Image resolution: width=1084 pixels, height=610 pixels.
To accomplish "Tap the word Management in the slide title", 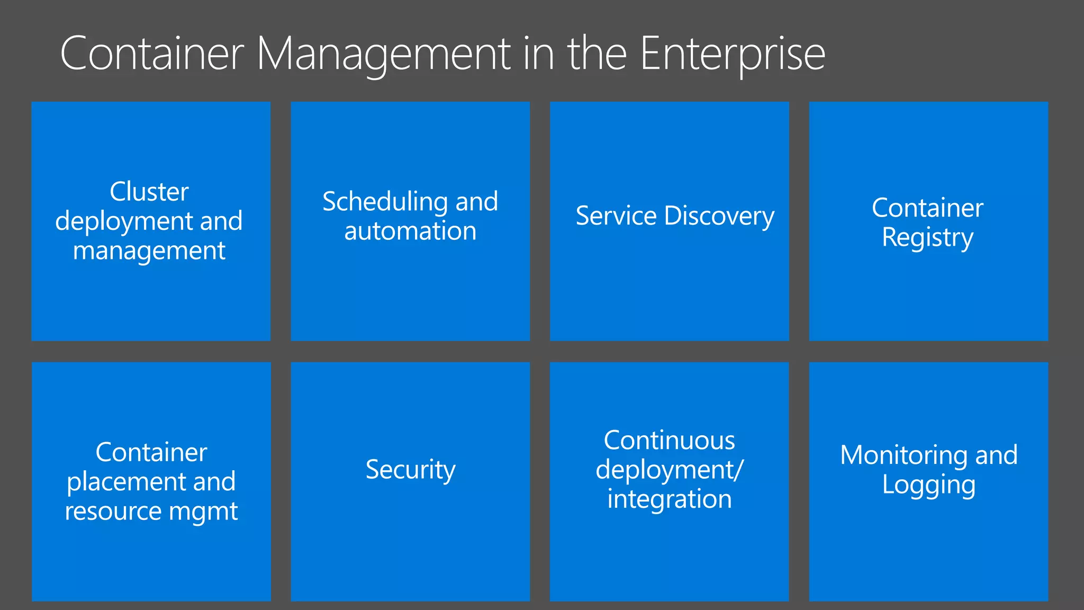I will click(x=383, y=54).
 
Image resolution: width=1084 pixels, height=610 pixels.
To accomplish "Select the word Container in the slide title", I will click(x=152, y=54).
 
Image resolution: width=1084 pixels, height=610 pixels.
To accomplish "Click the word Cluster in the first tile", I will click(x=149, y=192).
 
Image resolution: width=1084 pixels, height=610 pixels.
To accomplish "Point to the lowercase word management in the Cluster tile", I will click(x=149, y=251).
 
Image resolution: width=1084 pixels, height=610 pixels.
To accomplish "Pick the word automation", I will click(x=410, y=231).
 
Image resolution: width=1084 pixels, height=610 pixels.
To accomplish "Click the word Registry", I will click(x=927, y=238).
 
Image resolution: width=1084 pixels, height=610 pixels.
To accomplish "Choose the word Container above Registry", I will click(x=927, y=208).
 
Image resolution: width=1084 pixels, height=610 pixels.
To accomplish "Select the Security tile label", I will click(x=410, y=470).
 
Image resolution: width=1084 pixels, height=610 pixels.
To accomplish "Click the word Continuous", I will click(x=669, y=441).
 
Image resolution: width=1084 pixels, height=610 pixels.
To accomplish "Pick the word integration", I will click(x=669, y=499).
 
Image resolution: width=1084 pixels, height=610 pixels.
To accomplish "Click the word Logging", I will click(x=928, y=485).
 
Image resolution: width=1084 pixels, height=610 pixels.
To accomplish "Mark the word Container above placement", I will click(x=151, y=452).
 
